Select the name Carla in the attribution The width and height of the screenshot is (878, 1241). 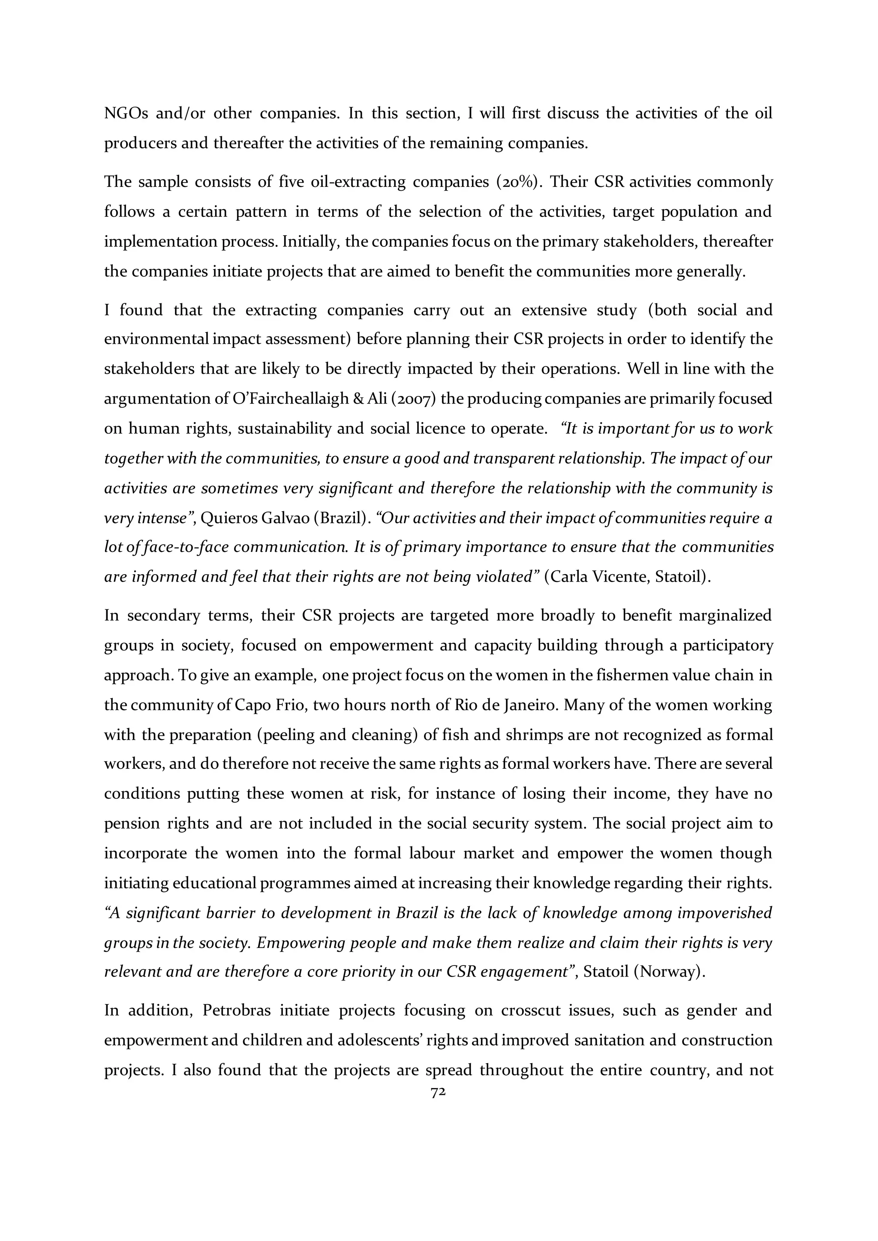[569, 577]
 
